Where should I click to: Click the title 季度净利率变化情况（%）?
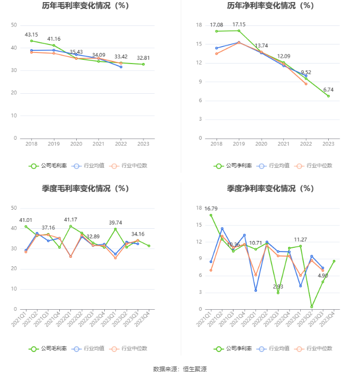[x=270, y=188]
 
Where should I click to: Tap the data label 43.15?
[x=31, y=34]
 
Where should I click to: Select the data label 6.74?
[x=328, y=89]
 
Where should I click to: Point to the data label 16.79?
[x=211, y=209]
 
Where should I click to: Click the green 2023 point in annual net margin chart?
[x=328, y=96]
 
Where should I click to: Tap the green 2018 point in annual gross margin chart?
[x=31, y=41]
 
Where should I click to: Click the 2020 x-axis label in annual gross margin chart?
[x=76, y=143]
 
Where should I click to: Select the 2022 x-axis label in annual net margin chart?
[x=306, y=143]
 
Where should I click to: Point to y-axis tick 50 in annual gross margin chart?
[x=14, y=25]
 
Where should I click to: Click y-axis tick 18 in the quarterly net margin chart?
[x=199, y=208]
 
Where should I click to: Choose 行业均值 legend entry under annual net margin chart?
[x=274, y=165]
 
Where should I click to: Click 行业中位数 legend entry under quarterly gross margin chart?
[x=129, y=348]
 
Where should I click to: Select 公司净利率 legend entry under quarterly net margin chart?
[x=233, y=348]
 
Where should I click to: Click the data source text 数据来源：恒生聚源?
[x=180, y=369]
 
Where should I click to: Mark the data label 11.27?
[x=300, y=239]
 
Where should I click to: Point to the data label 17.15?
[x=239, y=24]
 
